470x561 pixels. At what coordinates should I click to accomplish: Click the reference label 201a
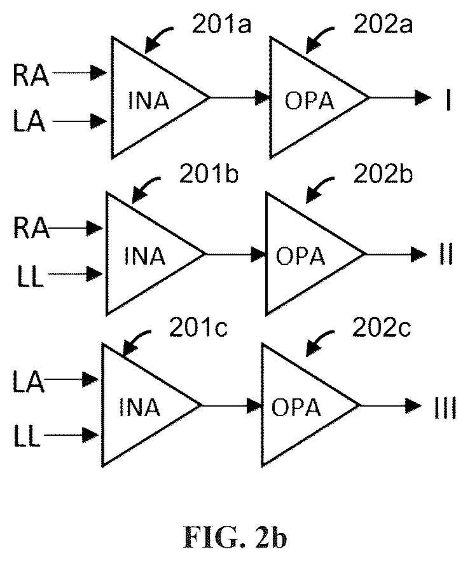pyautogui.click(x=221, y=24)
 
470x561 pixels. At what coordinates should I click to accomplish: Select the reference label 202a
pyautogui.click(x=383, y=24)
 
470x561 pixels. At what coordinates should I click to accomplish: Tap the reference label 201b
pyautogui.click(x=209, y=174)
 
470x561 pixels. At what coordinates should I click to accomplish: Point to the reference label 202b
pyautogui.click(x=383, y=174)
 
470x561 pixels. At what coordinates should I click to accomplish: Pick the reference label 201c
pyautogui.click(x=198, y=327)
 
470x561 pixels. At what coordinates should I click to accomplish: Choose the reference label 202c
pyautogui.click(x=382, y=327)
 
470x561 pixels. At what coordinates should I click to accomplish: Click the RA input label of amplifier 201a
pyautogui.click(x=31, y=76)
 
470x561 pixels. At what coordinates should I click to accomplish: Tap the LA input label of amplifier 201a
pyautogui.click(x=29, y=121)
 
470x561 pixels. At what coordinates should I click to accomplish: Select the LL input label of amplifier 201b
pyautogui.click(x=31, y=277)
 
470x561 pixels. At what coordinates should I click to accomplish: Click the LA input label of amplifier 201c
pyautogui.click(x=29, y=382)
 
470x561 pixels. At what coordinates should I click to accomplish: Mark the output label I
pyautogui.click(x=448, y=101)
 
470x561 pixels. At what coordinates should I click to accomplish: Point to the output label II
pyautogui.click(x=446, y=254)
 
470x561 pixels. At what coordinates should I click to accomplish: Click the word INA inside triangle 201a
pyautogui.click(x=148, y=101)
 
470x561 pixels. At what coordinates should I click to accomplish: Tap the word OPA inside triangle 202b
pyautogui.click(x=301, y=256)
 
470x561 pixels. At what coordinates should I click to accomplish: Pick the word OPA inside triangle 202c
pyautogui.click(x=296, y=407)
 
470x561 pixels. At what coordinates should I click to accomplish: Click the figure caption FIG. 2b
pyautogui.click(x=235, y=537)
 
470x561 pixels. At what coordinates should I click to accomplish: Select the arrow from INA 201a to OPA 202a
pyautogui.click(x=239, y=97)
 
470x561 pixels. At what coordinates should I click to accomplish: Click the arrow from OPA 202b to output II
pyautogui.click(x=397, y=254)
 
